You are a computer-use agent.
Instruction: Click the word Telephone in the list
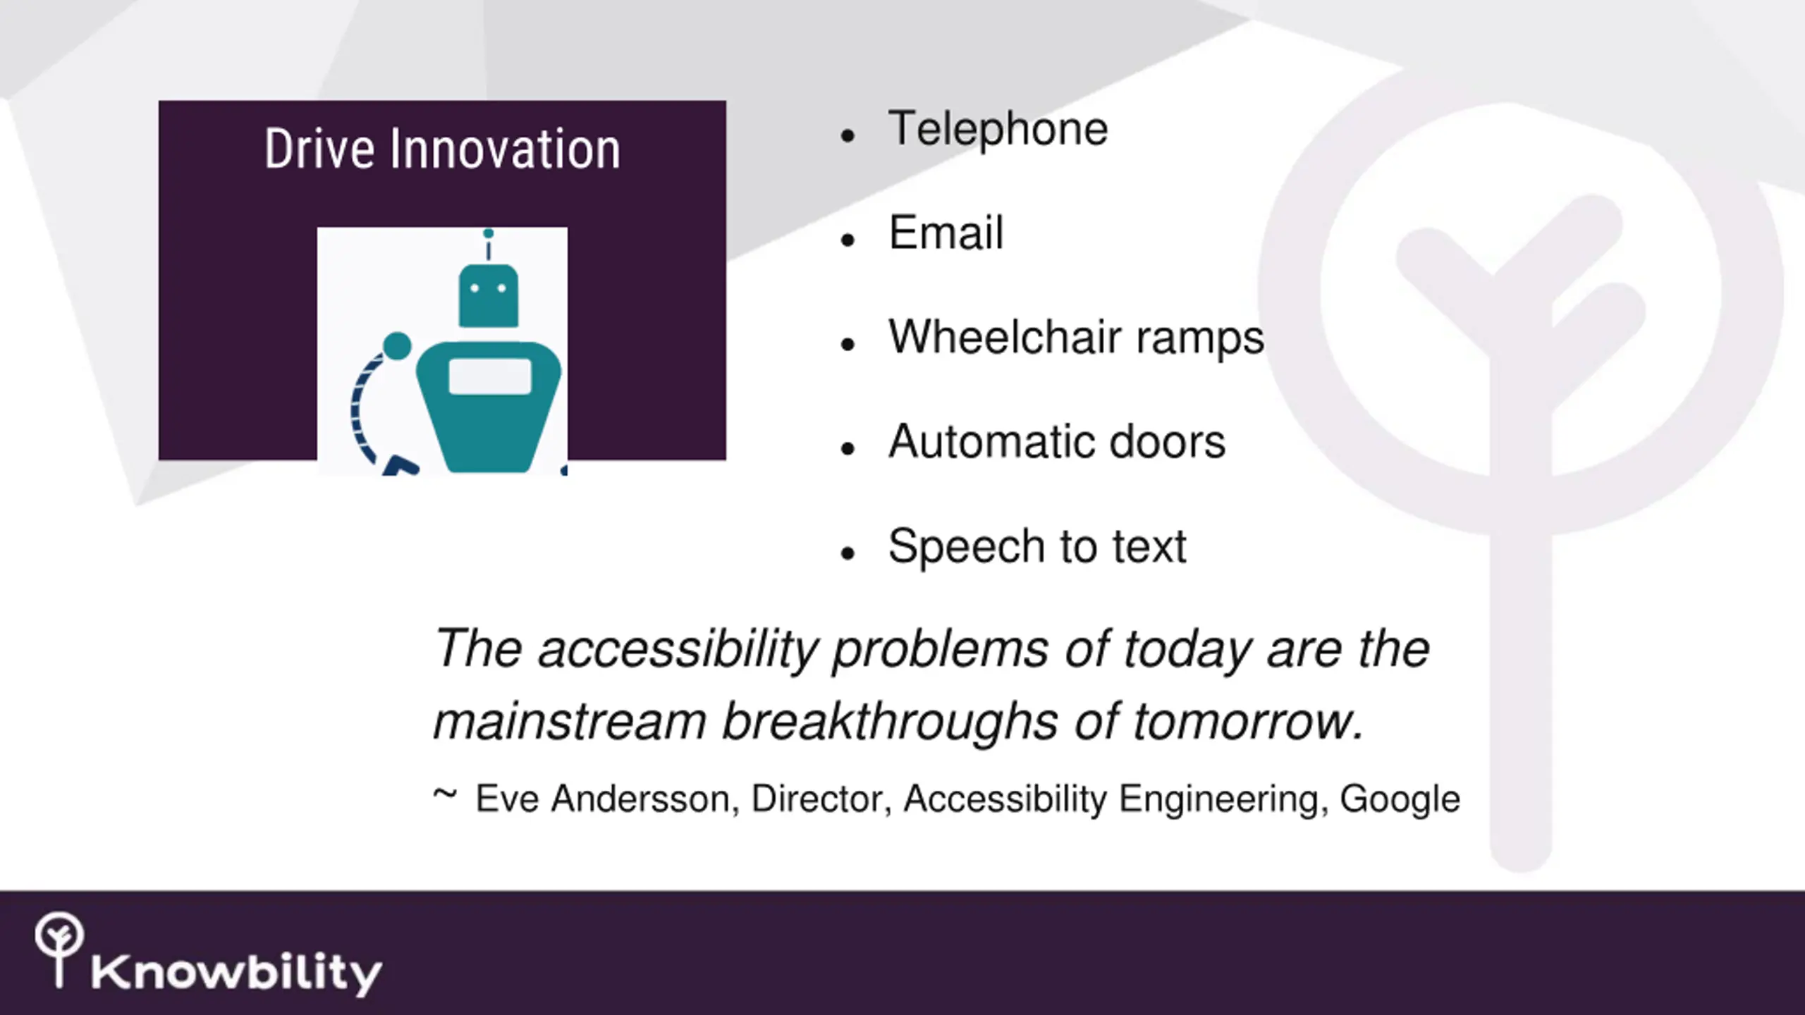[x=998, y=130]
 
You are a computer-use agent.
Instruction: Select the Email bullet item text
[x=946, y=233]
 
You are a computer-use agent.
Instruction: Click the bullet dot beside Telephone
[x=848, y=135]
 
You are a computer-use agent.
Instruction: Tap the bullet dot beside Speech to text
[x=848, y=553]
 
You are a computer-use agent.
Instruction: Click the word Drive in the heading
[x=319, y=149]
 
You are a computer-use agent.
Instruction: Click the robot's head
[x=489, y=295]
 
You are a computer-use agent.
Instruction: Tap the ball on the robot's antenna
[x=488, y=233]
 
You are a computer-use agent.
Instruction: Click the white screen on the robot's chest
[x=490, y=376]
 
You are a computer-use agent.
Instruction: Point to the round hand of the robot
[x=397, y=347]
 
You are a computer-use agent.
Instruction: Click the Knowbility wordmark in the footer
[x=236, y=974]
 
